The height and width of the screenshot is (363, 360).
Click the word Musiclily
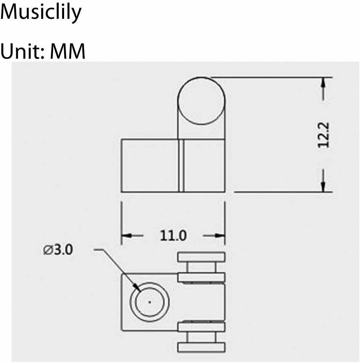click(41, 13)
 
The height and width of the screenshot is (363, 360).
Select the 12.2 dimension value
click(323, 135)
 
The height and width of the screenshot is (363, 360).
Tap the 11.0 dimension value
click(173, 236)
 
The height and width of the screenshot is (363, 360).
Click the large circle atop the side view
click(201, 101)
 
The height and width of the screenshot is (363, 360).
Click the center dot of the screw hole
click(150, 302)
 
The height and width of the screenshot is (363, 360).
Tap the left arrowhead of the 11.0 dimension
click(127, 236)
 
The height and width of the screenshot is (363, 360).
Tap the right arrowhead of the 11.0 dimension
click(220, 236)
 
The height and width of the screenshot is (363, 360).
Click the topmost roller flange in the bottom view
click(201, 257)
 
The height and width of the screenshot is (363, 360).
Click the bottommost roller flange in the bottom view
click(201, 347)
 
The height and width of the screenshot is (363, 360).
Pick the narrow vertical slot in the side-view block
click(181, 165)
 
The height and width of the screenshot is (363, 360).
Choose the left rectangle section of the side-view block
click(150, 165)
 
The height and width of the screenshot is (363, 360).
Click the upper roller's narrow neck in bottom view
click(201, 268)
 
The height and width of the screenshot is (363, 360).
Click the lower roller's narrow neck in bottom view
click(201, 337)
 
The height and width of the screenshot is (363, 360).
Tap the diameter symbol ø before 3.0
click(47, 250)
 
